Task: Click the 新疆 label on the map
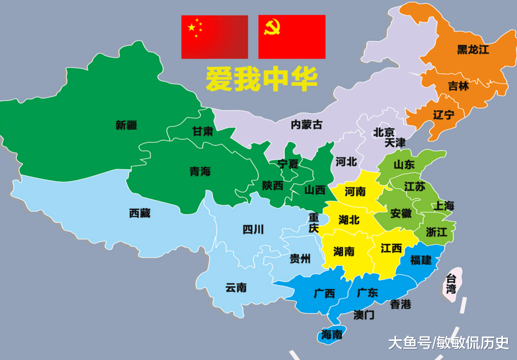coord(126,125)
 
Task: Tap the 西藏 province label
coord(140,212)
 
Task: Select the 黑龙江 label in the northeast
coord(473,50)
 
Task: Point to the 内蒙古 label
coord(306,124)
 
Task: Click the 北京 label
coord(384,132)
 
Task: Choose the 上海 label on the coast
coord(444,205)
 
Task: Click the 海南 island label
coord(332,335)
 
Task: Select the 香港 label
coord(401,304)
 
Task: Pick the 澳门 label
coord(364,315)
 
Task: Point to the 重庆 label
coord(314,222)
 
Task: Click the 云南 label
coord(236,287)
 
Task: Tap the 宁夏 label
coord(288,164)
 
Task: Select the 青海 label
coord(200,172)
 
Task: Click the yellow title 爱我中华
coord(261,79)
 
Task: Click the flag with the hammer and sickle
coord(292,37)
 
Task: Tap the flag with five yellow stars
coord(214,37)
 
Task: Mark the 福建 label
coord(421,260)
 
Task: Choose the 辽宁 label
coord(444,115)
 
